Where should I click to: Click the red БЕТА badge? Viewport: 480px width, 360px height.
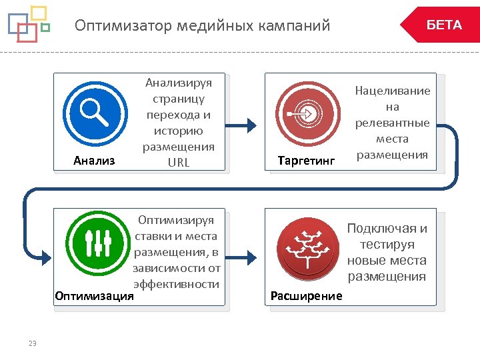click(441, 25)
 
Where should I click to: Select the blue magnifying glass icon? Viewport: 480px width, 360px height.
click(94, 112)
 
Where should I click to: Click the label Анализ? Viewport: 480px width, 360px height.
click(94, 161)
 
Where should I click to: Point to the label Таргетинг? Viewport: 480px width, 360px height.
click(305, 161)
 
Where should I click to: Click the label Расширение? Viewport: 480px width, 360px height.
click(306, 295)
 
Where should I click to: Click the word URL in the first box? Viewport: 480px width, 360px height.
click(179, 162)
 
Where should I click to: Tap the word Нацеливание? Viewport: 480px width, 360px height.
click(392, 91)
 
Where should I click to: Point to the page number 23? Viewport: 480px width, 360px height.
click(33, 343)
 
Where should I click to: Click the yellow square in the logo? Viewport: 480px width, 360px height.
click(39, 13)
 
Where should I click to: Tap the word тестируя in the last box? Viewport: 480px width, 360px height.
click(387, 245)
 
